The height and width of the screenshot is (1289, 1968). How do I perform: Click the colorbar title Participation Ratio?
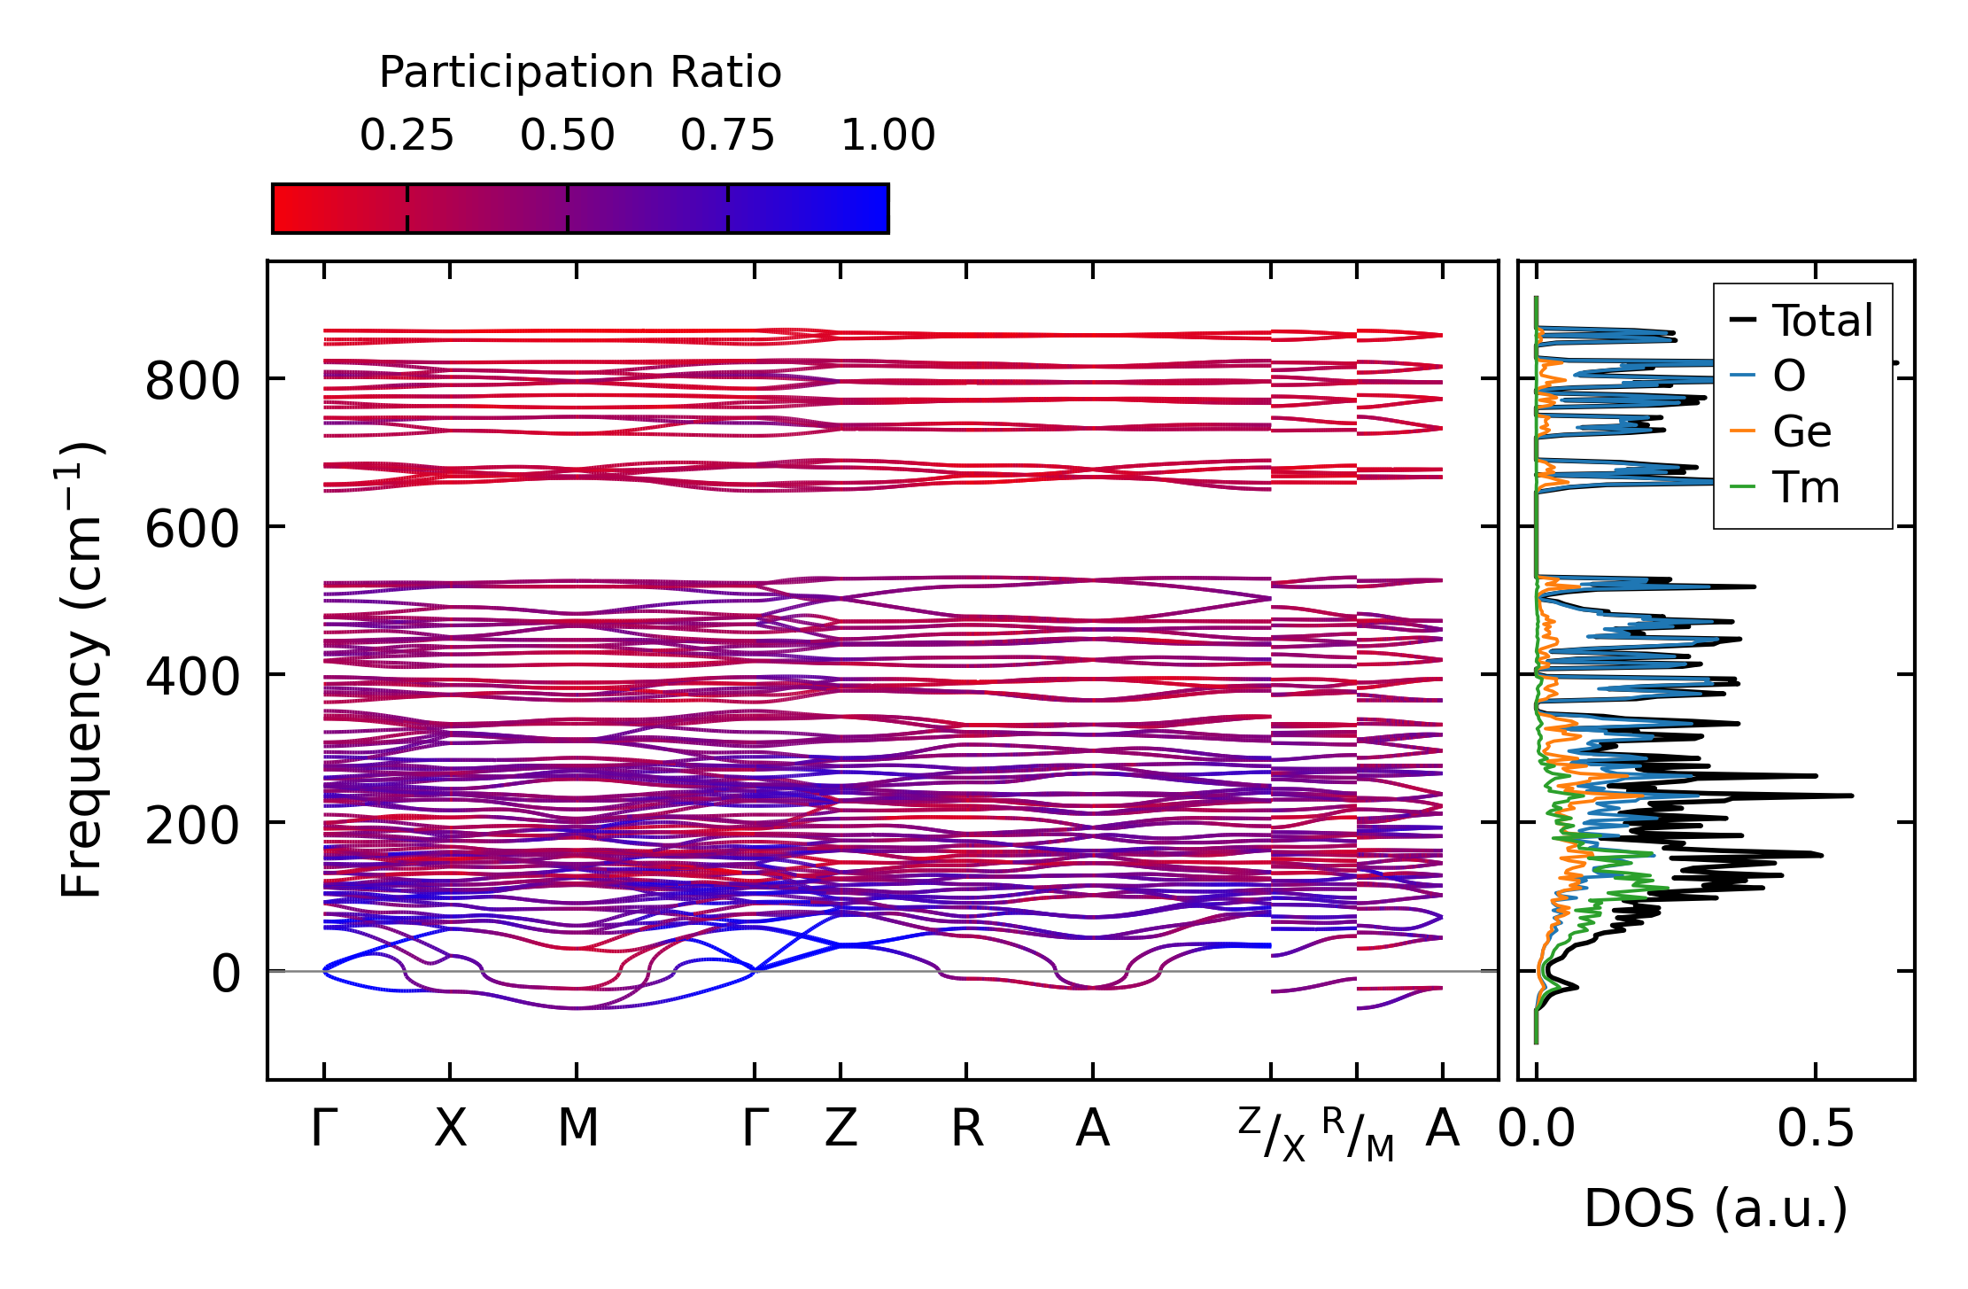[580, 73]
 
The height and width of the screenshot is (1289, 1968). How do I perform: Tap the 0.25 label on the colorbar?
[407, 136]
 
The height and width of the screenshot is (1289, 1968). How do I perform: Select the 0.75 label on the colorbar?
[727, 136]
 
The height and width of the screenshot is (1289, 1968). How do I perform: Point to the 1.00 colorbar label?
[887, 136]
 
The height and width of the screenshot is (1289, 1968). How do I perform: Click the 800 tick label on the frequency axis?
[192, 383]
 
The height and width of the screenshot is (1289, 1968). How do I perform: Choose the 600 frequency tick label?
[192, 531]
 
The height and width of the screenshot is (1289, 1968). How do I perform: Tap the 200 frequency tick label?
[192, 827]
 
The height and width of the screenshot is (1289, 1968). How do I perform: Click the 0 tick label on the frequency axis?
[225, 975]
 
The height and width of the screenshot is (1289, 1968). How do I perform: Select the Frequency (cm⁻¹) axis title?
[81, 670]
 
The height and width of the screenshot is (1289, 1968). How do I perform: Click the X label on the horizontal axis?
[450, 1130]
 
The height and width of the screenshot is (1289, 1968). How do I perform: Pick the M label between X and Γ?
[577, 1130]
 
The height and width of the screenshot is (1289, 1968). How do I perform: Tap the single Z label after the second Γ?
[841, 1130]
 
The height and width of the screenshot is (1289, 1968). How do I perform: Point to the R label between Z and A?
[966, 1130]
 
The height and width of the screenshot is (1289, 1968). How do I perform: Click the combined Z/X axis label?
[1271, 1135]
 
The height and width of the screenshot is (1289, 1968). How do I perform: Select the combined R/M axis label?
[1357, 1135]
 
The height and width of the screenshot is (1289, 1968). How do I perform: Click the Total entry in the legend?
[1822, 321]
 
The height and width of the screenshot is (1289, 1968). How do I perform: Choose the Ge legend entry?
[1801, 432]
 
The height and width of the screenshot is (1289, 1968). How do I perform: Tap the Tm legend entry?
[1805, 488]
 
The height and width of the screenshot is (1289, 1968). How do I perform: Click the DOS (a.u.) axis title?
[1716, 1209]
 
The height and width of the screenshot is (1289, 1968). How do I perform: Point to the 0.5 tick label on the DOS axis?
[1815, 1130]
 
